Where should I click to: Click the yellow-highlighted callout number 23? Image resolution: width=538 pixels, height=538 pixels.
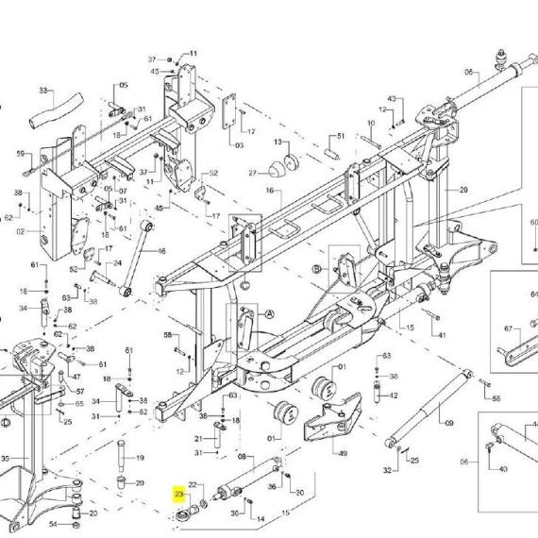[179, 493]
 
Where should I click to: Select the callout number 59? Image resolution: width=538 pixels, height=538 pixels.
[20, 153]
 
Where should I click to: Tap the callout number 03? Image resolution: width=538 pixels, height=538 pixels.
[239, 145]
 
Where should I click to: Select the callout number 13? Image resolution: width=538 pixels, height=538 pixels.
[279, 142]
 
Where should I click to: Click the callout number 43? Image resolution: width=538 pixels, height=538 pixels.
[392, 99]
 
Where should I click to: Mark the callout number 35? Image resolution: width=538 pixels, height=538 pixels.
[6, 460]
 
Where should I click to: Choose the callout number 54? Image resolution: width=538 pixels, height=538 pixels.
[53, 524]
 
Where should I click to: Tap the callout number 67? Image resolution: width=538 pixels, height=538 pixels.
[507, 328]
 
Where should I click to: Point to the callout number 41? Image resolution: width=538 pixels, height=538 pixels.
[441, 335]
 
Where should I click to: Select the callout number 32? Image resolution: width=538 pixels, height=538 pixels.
[386, 469]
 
